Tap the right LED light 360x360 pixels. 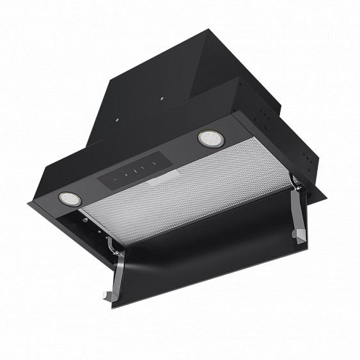coord(208,137)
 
